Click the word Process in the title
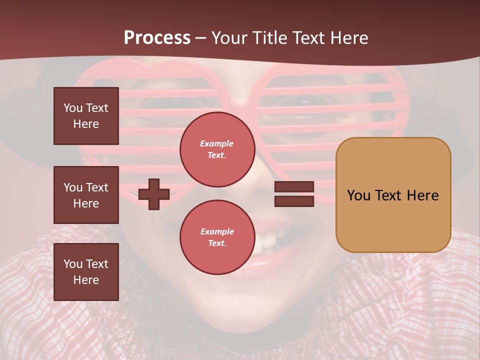tap(157, 38)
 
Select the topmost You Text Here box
tap(86, 116)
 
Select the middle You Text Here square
tap(86, 195)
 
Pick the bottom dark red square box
tap(86, 272)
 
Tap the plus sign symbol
tap(154, 194)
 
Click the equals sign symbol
tap(294, 194)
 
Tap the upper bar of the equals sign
tap(294, 187)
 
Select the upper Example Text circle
tap(217, 149)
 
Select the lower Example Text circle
tap(217, 237)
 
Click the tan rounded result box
tap(393, 195)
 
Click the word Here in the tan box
tap(422, 195)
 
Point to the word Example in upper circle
tap(217, 143)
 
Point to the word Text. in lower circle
tap(217, 243)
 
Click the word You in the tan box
tap(358, 195)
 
